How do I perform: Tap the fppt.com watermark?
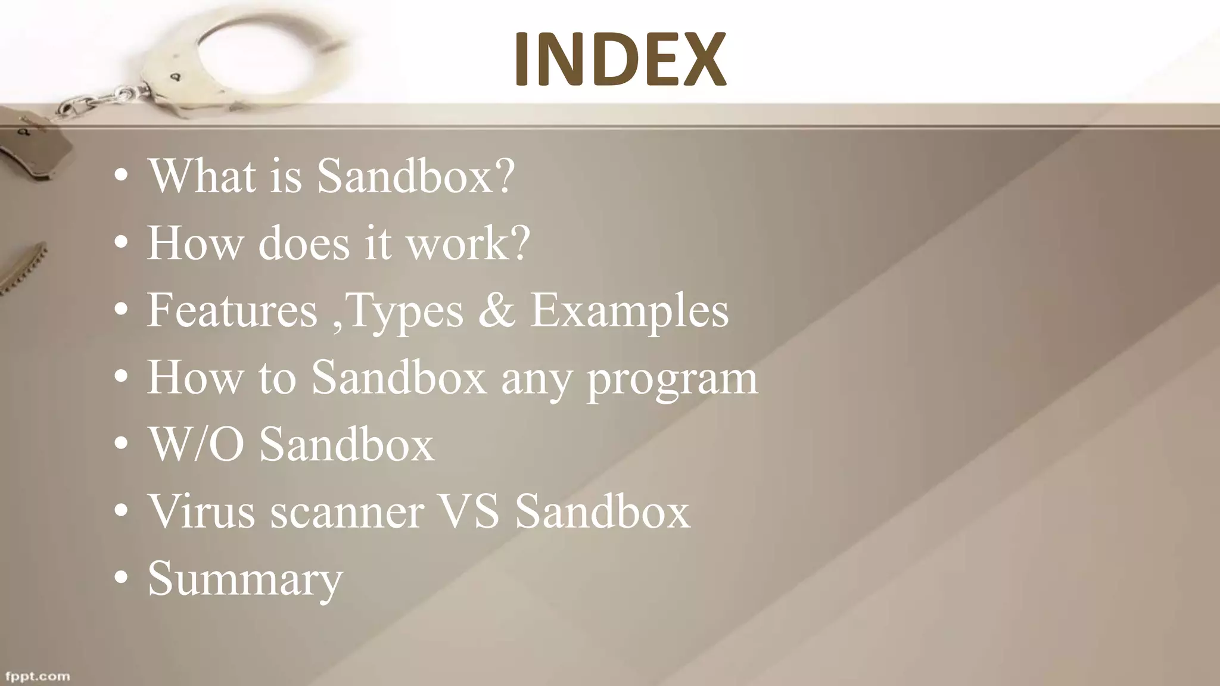38,676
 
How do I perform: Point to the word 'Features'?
232,310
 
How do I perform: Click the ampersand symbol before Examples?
496,310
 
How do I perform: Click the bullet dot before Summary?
122,579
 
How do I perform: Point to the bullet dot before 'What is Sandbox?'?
122,176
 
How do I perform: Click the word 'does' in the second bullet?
304,243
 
